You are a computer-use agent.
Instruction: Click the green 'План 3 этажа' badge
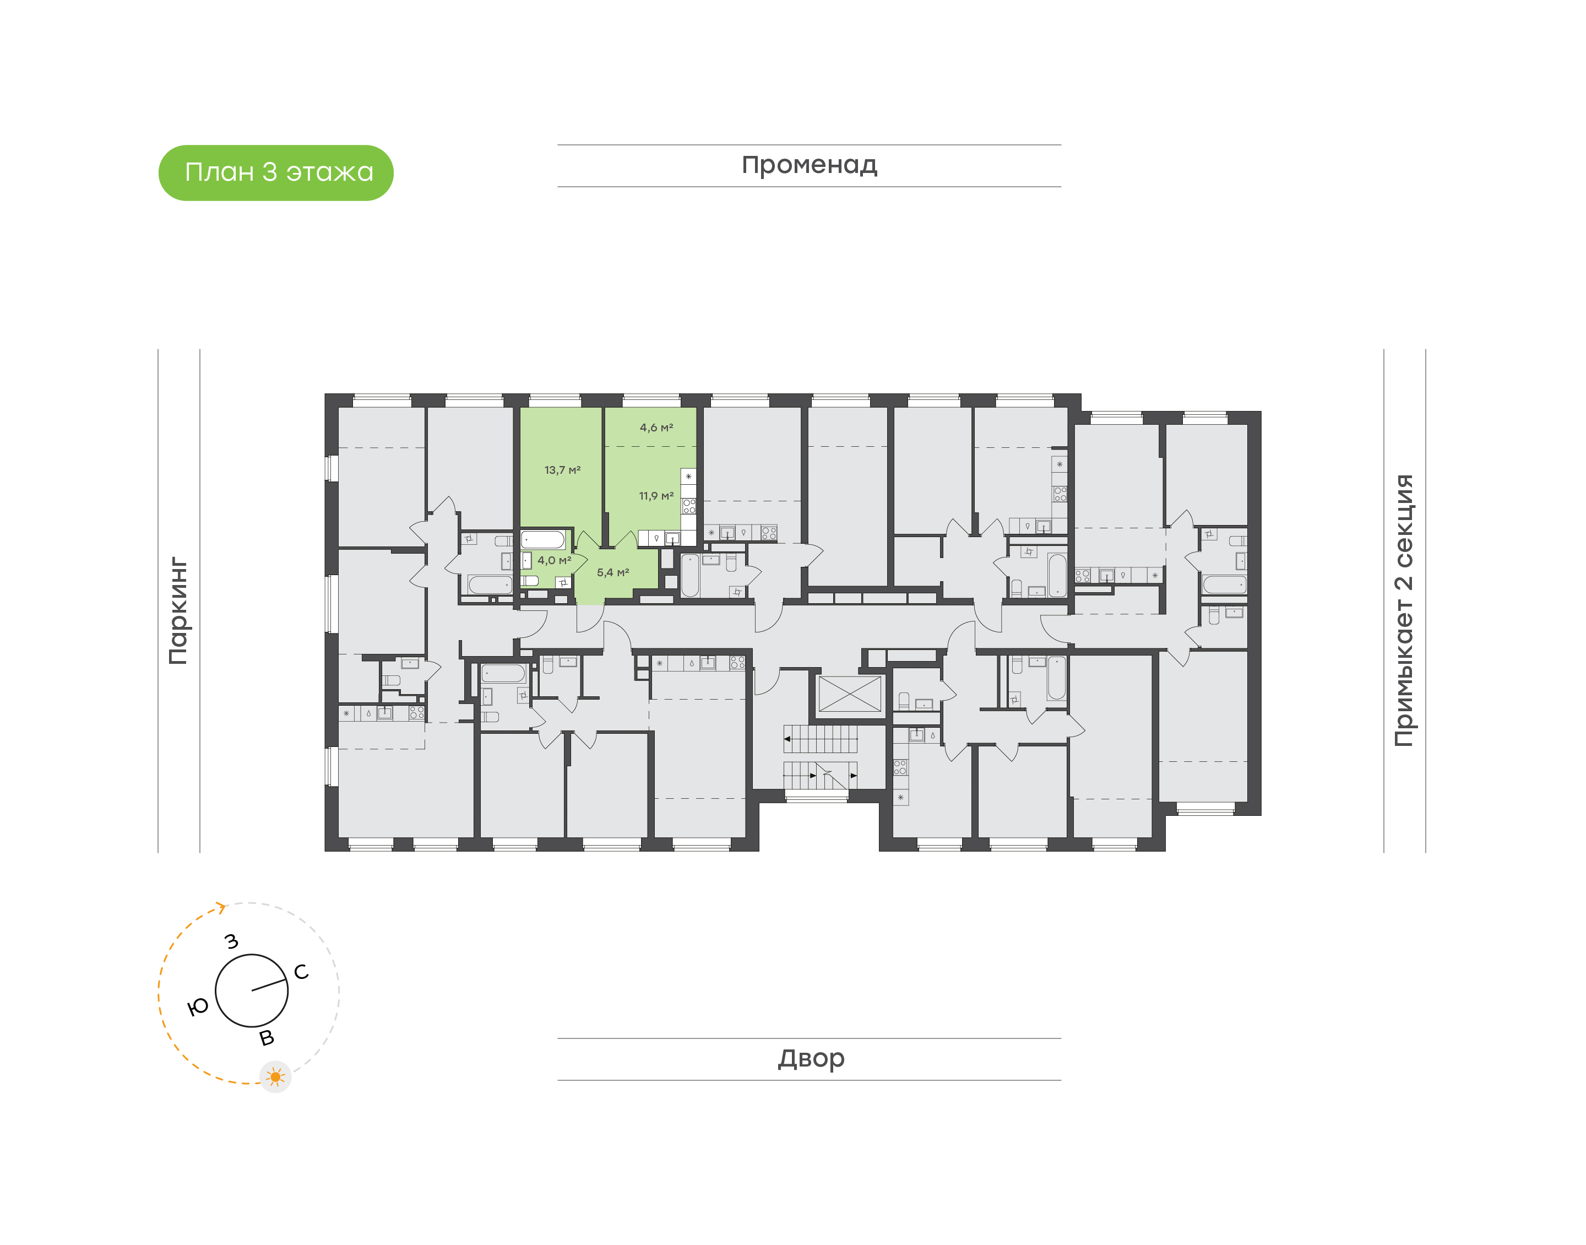pyautogui.click(x=275, y=173)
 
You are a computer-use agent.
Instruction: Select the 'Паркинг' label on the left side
pyautogui.click(x=178, y=610)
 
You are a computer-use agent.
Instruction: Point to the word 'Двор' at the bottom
pyautogui.click(x=811, y=1058)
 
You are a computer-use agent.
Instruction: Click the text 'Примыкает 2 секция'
pyautogui.click(x=1403, y=610)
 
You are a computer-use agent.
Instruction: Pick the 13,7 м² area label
pyautogui.click(x=562, y=470)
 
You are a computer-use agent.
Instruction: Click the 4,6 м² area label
pyautogui.click(x=656, y=428)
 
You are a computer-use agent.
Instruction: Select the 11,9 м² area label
pyautogui.click(x=656, y=496)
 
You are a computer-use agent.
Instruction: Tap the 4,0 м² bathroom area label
pyautogui.click(x=553, y=561)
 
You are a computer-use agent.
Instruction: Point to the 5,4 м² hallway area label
pyautogui.click(x=612, y=573)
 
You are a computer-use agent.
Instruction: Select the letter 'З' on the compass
pyautogui.click(x=232, y=942)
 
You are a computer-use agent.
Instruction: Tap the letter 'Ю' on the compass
pyautogui.click(x=198, y=1008)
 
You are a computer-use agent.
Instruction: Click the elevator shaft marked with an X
pyautogui.click(x=850, y=694)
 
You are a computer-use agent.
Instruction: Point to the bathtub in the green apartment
pyautogui.click(x=543, y=540)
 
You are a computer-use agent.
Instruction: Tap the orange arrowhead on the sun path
pyautogui.click(x=221, y=907)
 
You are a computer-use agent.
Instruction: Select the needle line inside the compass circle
pyautogui.click(x=268, y=986)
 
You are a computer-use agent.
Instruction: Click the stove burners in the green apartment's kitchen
pyautogui.click(x=688, y=506)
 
